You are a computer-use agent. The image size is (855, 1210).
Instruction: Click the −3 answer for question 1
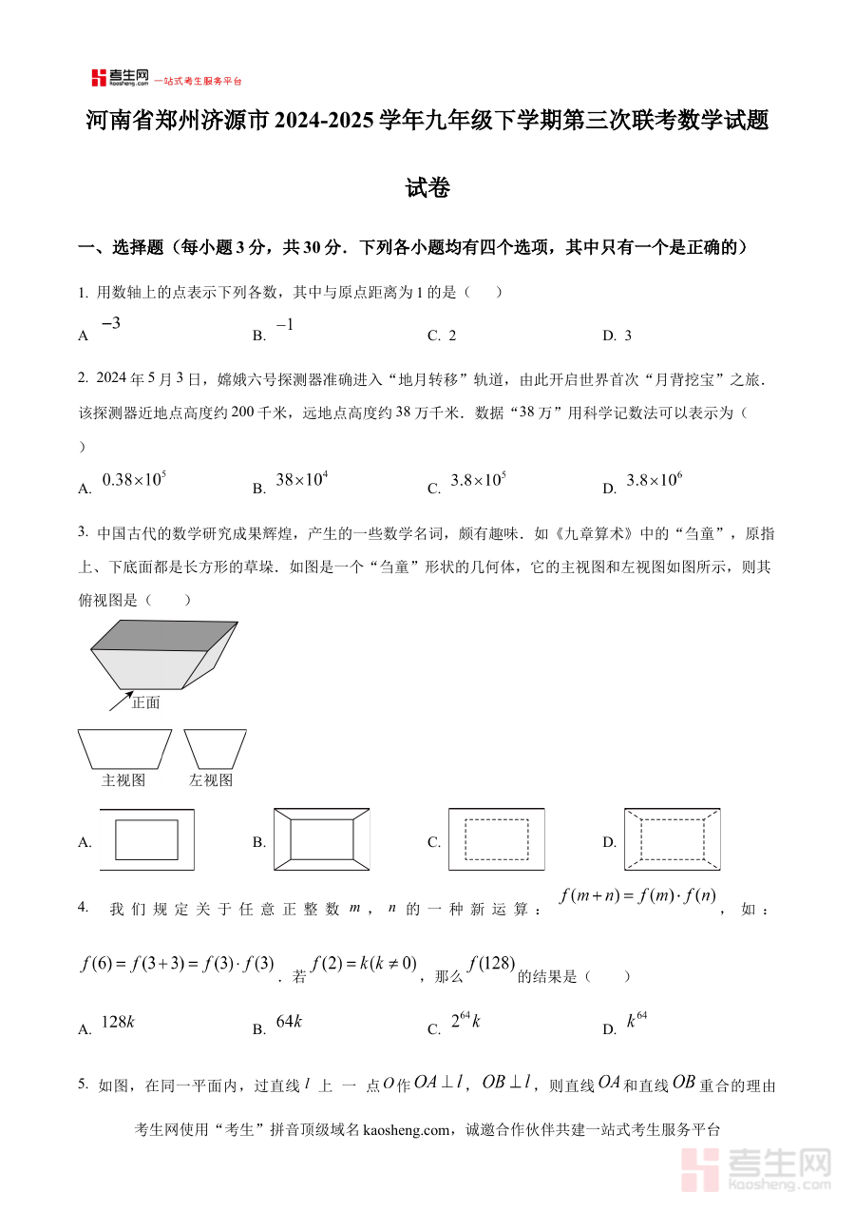110,324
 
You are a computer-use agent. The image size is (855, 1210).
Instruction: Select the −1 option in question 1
285,325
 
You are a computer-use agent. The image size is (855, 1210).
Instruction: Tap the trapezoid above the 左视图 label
215,748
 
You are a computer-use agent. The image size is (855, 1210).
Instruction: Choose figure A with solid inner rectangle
146,839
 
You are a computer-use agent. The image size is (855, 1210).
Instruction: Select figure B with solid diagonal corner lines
322,839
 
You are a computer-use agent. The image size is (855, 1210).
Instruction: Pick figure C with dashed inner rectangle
496,839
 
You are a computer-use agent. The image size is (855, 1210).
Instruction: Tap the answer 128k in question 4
118,1022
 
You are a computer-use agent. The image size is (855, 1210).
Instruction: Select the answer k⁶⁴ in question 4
636,1022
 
